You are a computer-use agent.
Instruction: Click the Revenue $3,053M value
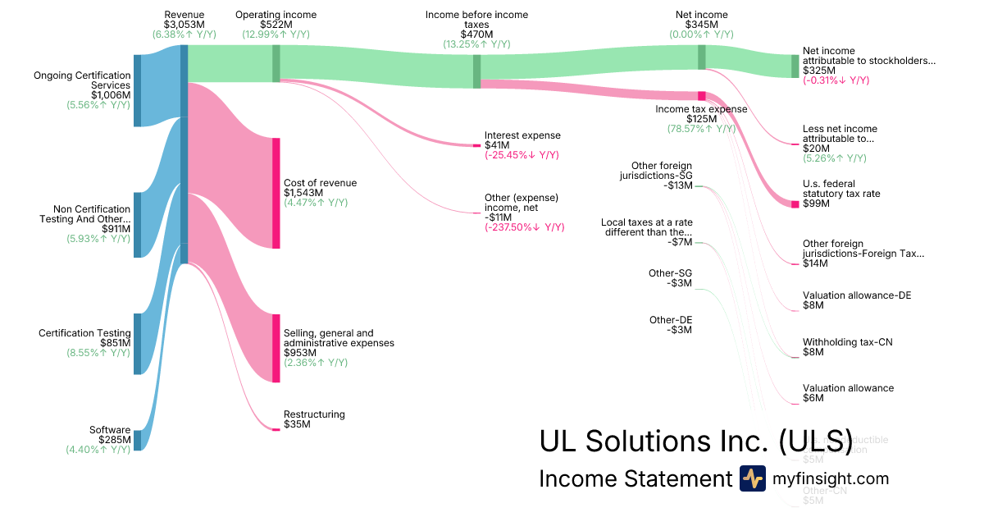pos(184,25)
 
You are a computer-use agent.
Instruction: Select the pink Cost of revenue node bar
pos(276,193)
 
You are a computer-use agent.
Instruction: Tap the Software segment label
pos(110,430)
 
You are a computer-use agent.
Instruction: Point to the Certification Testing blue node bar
pos(138,344)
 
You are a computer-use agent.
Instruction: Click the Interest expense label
pos(522,135)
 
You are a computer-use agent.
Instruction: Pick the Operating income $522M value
pos(276,25)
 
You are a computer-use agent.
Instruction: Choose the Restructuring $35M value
pos(297,424)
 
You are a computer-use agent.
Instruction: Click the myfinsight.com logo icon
pos(752,478)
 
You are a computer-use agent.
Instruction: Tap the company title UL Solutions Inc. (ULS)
pos(695,441)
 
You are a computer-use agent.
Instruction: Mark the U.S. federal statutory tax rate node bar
pos(795,204)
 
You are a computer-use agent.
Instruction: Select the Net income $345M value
pos(701,25)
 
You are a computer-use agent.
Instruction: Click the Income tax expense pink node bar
pos(702,96)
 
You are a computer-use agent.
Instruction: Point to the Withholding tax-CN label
pos(847,341)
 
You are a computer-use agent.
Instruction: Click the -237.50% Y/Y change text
pos(524,227)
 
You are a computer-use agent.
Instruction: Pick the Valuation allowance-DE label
pos(857,295)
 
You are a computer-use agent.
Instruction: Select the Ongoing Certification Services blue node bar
pos(138,90)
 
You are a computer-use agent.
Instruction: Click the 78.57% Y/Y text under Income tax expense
pos(701,129)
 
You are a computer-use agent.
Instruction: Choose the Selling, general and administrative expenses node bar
pos(276,348)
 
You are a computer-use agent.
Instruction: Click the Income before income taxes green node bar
pos(477,71)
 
